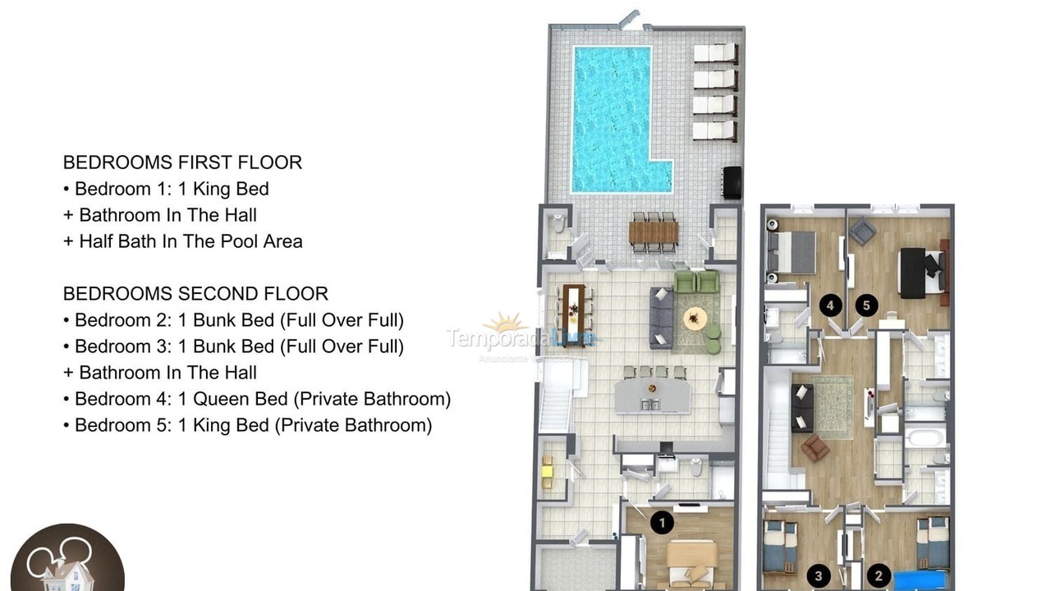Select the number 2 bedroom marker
(879, 576)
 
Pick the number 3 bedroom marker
(818, 576)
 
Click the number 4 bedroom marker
(831, 305)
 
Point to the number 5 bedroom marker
(865, 305)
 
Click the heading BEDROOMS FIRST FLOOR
(182, 163)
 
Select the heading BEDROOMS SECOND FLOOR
(195, 294)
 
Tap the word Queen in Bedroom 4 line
(263, 399)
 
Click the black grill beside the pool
(731, 181)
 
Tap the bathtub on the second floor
(925, 434)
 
